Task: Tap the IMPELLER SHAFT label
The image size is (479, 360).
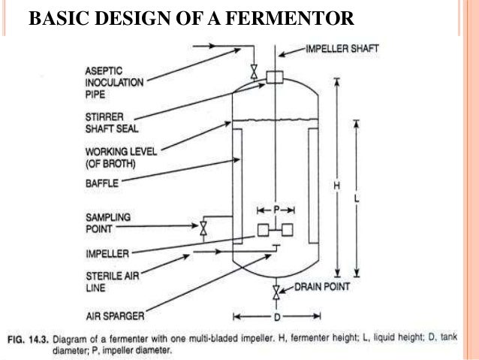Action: click(342, 49)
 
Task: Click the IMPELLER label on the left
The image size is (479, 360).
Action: click(107, 253)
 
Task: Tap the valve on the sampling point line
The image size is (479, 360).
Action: click(203, 228)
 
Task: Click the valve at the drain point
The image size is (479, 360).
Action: click(276, 291)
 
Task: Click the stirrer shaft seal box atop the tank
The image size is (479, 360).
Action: click(273, 76)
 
